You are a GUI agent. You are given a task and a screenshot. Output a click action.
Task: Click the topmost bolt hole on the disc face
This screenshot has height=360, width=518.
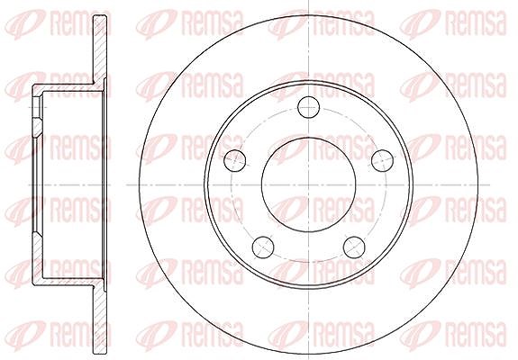click(309, 107)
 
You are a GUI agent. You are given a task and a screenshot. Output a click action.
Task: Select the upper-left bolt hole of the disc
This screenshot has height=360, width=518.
click(235, 160)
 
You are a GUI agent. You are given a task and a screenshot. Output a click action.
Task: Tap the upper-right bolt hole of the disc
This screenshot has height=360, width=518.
click(382, 160)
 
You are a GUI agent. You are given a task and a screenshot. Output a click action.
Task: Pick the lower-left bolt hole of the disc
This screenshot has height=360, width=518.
click(263, 247)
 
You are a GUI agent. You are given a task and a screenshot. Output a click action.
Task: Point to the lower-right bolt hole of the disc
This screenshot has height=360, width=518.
click(354, 247)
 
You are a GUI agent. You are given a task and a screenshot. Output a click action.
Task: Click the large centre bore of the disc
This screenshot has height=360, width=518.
click(309, 184)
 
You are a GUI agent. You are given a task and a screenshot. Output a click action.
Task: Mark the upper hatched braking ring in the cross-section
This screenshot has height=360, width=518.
click(100, 49)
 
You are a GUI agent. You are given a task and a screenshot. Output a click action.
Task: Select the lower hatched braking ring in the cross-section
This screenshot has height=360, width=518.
click(100, 319)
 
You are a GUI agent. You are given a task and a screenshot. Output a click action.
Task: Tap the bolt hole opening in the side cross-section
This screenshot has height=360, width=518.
click(37, 107)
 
